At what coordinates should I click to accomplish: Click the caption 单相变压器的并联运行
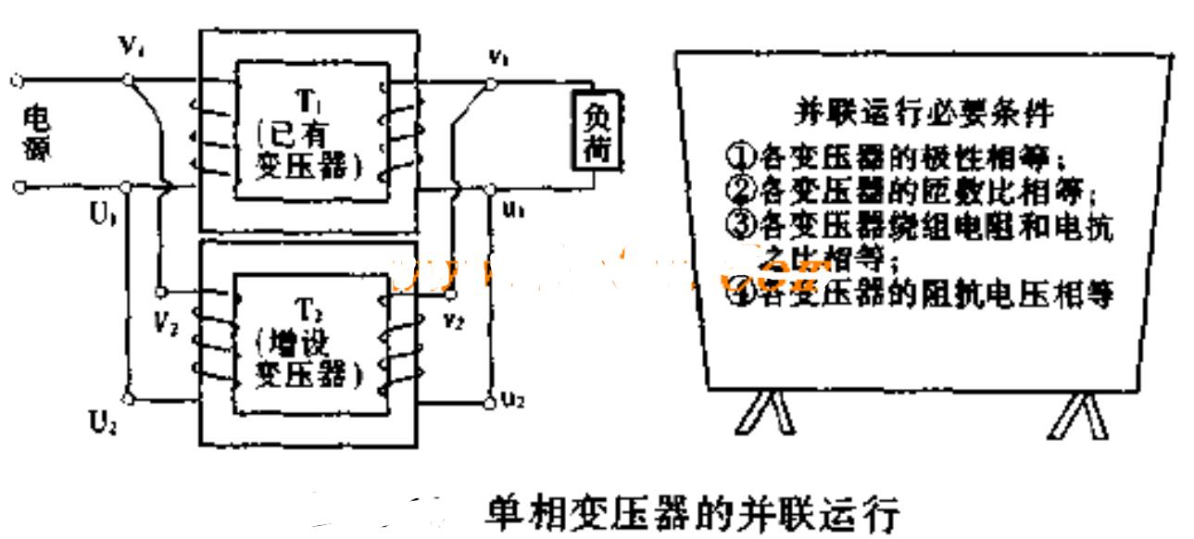(x=692, y=508)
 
